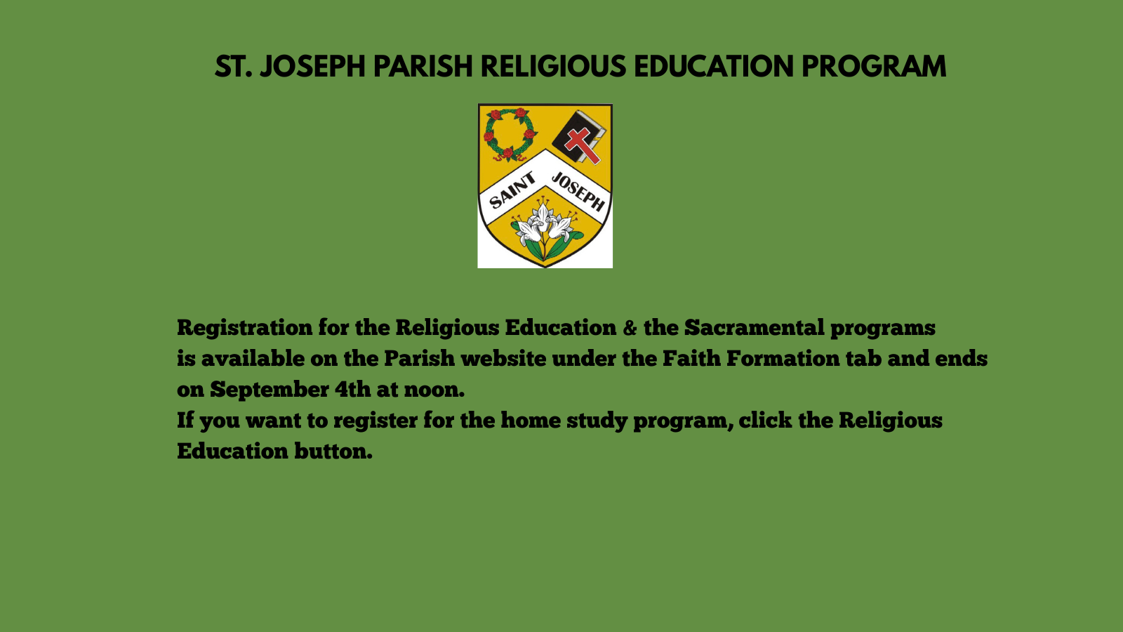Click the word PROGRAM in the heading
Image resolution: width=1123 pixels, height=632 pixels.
point(873,67)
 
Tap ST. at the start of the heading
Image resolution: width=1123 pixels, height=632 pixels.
point(233,67)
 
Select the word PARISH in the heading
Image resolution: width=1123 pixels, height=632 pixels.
point(423,67)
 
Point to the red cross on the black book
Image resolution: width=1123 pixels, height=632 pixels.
point(583,145)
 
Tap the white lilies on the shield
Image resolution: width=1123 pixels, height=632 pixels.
point(545,228)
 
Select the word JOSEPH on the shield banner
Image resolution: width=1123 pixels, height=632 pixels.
point(578,192)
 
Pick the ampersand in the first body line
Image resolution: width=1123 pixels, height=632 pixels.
point(630,328)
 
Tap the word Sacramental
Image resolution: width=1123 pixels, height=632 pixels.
point(754,328)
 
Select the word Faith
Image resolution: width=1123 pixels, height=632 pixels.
point(691,359)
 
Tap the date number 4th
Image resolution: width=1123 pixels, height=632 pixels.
point(352,390)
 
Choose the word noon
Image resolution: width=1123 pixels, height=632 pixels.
point(434,390)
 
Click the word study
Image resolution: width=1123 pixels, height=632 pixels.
point(597,421)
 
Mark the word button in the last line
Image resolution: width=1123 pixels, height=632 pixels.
point(333,452)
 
